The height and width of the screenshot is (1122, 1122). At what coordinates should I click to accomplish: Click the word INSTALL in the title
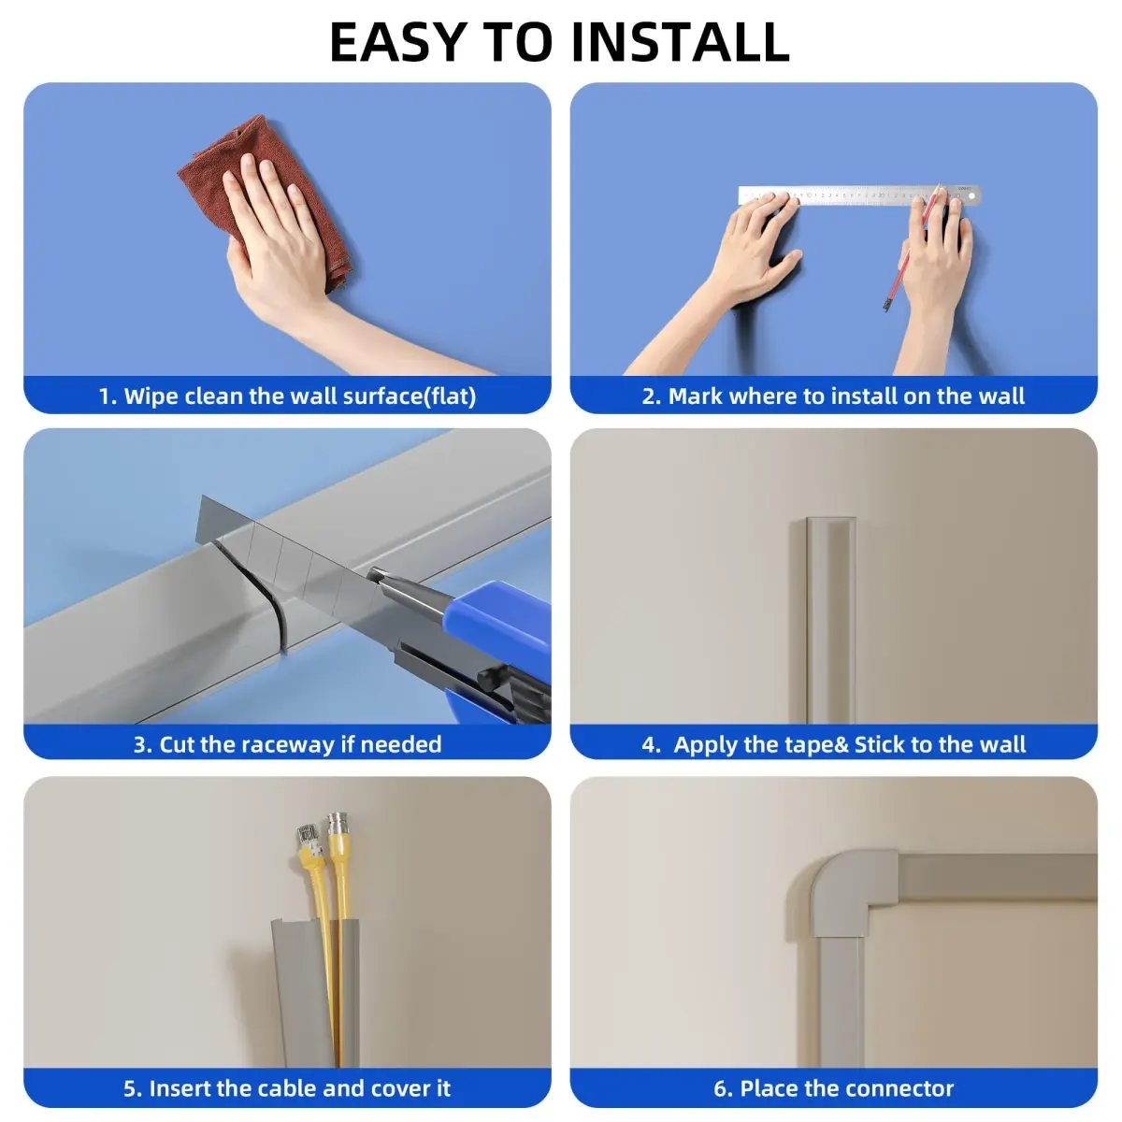pos(680,42)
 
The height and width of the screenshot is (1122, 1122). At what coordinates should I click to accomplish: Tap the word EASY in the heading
pos(397,42)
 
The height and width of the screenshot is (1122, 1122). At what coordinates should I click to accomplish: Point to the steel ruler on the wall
pos(859,195)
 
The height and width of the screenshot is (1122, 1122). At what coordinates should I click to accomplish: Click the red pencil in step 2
pos(912,247)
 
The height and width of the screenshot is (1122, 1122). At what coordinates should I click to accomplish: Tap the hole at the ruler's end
pos(971,195)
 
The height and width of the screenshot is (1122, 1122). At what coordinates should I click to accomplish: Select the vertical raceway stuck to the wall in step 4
pos(830,620)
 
